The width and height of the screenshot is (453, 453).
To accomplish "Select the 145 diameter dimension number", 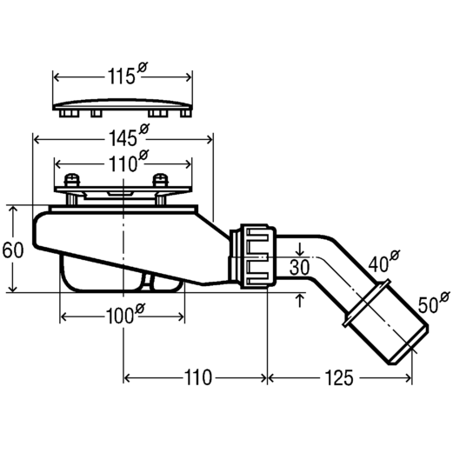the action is coord(129,135).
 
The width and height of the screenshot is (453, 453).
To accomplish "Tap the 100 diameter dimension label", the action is coord(124,314).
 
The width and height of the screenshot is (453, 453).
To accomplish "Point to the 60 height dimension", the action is coord(12,250).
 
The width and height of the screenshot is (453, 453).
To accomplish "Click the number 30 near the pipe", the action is coord(299,267).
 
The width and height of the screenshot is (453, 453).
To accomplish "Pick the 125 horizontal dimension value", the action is coord(339,378).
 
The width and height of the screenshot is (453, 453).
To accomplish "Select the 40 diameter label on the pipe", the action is coord(384,261).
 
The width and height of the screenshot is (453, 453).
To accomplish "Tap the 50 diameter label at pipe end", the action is coord(434,303).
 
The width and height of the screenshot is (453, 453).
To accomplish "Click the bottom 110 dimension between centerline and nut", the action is coord(198,378).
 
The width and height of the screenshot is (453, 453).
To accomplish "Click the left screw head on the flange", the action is coord(71,179).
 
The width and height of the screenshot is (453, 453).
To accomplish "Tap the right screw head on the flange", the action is coord(160,179).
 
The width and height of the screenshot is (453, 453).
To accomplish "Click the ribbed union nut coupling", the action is coord(258,256).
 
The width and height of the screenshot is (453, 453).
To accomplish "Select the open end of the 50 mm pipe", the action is coord(408,345).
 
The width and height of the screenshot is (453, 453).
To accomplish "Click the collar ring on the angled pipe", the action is coord(367,303).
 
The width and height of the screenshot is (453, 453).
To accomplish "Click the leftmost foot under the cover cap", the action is coord(69,113).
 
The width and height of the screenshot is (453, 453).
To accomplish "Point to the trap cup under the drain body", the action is coord(122,274).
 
